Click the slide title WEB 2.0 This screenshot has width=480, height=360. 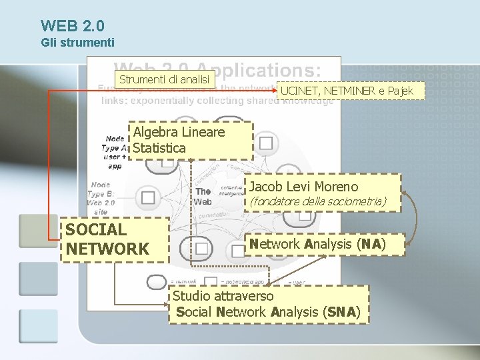tap(72, 26)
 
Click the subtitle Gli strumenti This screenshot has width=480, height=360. tap(77, 43)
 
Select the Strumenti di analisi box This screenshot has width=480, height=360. tap(164, 80)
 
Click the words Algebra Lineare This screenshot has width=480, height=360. tap(179, 132)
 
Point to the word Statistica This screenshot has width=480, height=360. tap(159, 147)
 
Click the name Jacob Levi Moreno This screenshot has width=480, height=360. tap(303, 187)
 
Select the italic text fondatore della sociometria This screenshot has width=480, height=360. tap(317, 201)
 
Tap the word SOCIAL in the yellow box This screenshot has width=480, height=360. tap(95, 230)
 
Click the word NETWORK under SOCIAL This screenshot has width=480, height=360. tap(107, 249)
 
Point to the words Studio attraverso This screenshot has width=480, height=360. tap(223, 296)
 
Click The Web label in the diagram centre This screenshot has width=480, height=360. tap(203, 196)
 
